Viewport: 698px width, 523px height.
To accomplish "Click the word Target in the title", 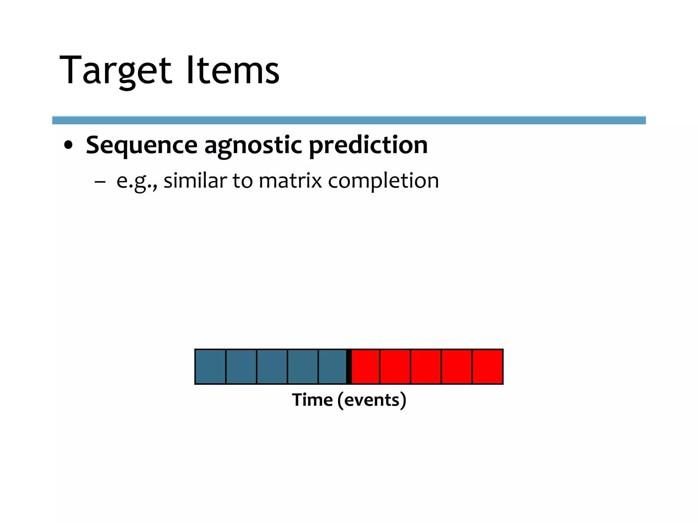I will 115,71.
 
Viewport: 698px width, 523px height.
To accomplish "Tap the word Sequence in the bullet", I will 141,145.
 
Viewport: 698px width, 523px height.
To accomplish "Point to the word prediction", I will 368,145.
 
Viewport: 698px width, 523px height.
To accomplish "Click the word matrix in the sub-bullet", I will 290,180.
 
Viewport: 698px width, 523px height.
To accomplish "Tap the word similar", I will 195,180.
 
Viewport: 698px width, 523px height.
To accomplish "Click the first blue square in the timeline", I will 210,367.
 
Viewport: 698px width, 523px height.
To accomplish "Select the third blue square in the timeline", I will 272,367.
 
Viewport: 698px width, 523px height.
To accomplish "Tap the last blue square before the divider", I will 332,367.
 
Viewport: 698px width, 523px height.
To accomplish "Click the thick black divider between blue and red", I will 349,367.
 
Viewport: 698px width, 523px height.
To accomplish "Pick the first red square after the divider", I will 365,367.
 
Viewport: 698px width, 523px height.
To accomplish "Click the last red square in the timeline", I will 487,367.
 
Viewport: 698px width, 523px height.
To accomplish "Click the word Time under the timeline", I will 312,400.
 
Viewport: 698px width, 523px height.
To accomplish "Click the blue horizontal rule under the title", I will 349,120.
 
